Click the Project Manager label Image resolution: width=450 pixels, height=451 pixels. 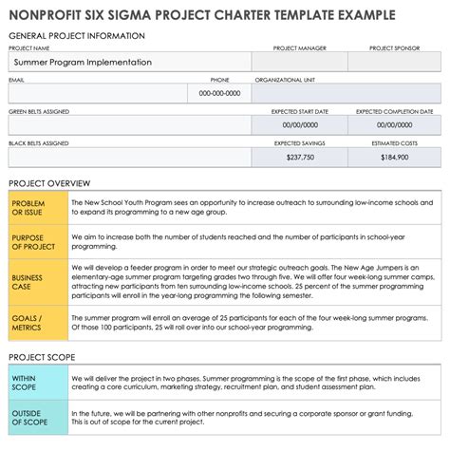click(x=300, y=47)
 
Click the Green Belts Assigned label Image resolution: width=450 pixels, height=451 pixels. click(x=39, y=111)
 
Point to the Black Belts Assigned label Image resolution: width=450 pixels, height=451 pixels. click(x=39, y=143)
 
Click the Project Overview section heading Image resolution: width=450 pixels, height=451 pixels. click(x=49, y=182)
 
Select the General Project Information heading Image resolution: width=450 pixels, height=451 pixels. click(x=77, y=35)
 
